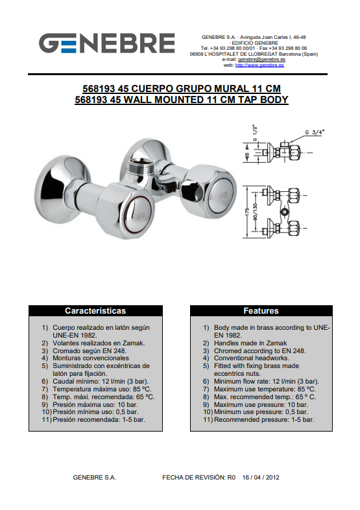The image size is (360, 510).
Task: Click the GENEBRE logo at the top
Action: [x=107, y=43]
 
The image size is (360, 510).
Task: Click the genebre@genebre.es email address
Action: [x=261, y=60]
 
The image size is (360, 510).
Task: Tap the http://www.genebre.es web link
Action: [x=259, y=65]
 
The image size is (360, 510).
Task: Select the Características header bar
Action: [x=95, y=310]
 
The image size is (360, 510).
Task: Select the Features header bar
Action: [x=261, y=310]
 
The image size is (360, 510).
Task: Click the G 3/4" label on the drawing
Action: [x=315, y=132]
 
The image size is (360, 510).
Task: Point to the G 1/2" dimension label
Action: [x=255, y=133]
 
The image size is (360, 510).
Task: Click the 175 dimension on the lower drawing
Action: [x=246, y=213]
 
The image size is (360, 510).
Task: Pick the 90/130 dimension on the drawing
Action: [x=255, y=212]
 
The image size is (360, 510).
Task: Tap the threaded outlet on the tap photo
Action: [x=139, y=167]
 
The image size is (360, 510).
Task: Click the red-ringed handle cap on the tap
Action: [x=138, y=215]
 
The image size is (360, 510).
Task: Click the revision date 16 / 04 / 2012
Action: [x=261, y=478]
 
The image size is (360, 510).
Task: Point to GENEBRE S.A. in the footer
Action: [x=95, y=478]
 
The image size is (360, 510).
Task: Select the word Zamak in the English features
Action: [x=276, y=343]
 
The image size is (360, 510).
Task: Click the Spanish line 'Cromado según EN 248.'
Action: [x=90, y=351]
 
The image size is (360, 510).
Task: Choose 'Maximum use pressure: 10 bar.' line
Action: [x=261, y=404]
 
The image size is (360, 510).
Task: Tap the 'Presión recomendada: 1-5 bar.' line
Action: [x=99, y=419]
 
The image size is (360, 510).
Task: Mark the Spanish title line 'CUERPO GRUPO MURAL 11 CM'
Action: [x=206, y=89]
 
